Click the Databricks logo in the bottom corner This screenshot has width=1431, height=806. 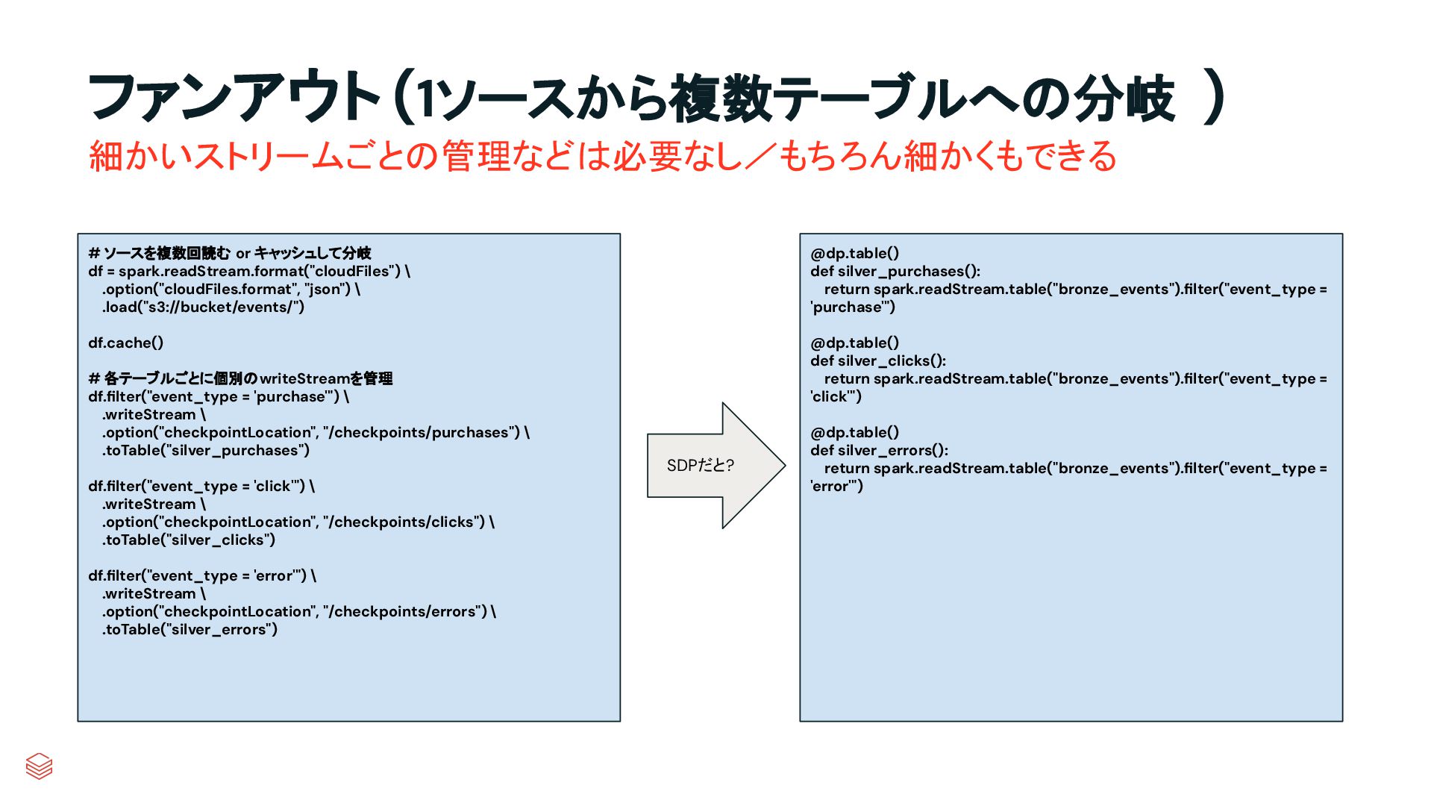(x=39, y=766)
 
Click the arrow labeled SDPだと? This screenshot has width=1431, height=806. (x=715, y=466)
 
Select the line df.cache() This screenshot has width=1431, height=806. (x=125, y=343)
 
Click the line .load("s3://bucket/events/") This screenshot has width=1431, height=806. (x=203, y=307)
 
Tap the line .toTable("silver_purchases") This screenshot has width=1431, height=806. (x=206, y=450)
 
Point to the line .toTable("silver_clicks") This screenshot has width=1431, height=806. (x=189, y=540)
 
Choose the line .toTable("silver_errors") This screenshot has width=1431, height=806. (x=190, y=629)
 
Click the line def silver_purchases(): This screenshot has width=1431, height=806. (x=895, y=271)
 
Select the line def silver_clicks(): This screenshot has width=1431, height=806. (x=878, y=360)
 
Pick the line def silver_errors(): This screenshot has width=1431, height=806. (x=879, y=450)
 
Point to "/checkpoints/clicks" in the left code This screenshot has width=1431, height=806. (x=404, y=522)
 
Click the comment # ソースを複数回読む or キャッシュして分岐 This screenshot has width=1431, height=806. (x=230, y=253)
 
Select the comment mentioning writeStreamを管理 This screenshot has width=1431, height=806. (x=240, y=378)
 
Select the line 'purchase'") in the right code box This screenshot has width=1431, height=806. (x=853, y=307)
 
